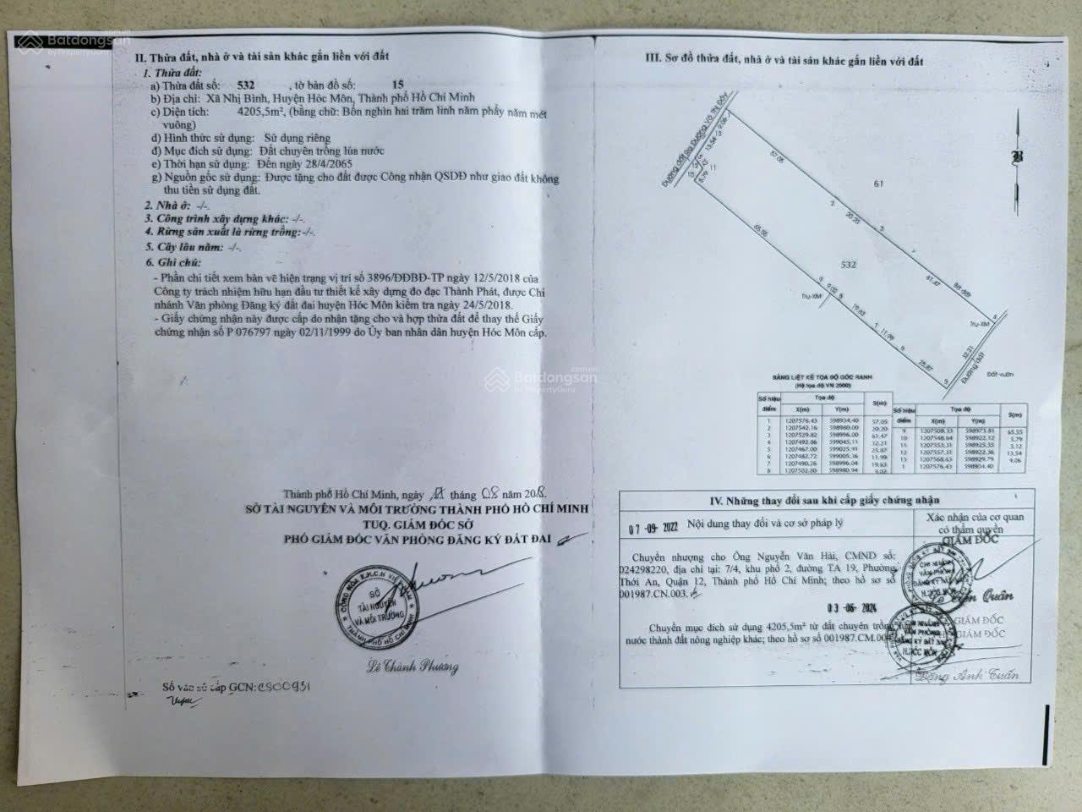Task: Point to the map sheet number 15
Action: click(374, 85)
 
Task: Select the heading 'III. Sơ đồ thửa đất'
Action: click(784, 62)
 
